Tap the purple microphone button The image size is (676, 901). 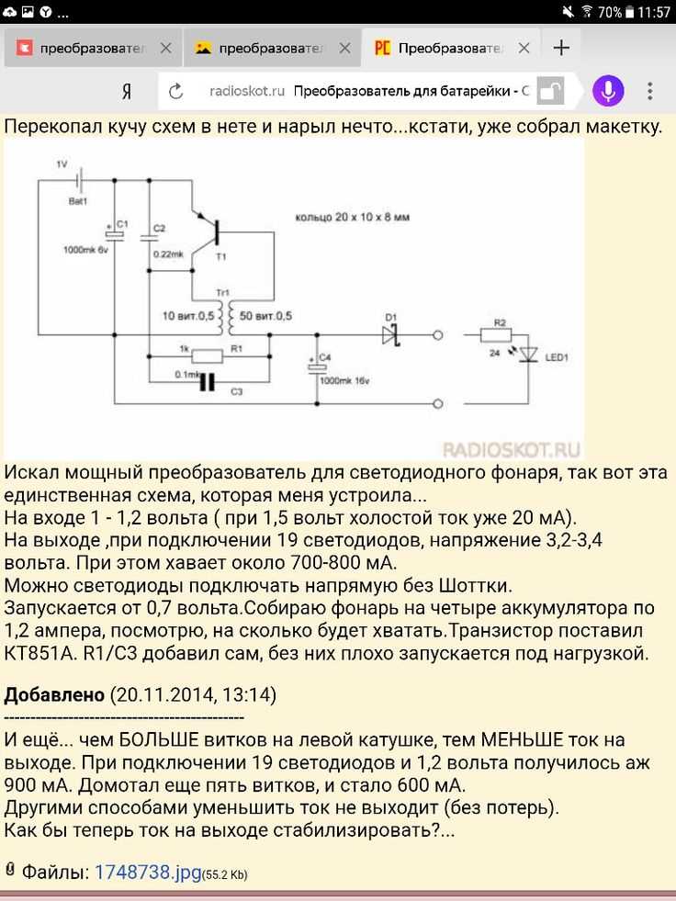pos(608,91)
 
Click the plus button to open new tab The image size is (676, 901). pos(561,48)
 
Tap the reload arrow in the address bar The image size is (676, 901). pos(176,91)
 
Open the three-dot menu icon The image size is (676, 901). pos(650,91)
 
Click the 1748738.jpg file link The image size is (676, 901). pos(148,872)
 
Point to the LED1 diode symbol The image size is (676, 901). pos(528,355)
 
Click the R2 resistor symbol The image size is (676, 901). pos(495,334)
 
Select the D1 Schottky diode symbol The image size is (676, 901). pos(391,334)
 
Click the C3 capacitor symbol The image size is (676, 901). pos(207,381)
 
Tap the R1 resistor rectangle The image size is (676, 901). pos(207,356)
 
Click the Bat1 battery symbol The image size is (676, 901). pos(79,180)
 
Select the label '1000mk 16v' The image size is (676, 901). pos(344,380)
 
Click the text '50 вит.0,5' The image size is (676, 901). pos(265,315)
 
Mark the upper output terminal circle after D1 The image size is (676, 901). pos(437,334)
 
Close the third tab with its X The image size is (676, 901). pos(524,49)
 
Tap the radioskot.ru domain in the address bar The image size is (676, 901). pos(247,91)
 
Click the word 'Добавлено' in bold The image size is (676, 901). pos(54,694)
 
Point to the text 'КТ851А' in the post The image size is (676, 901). pos(36,654)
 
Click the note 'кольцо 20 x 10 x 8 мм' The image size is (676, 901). pos(353,217)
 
